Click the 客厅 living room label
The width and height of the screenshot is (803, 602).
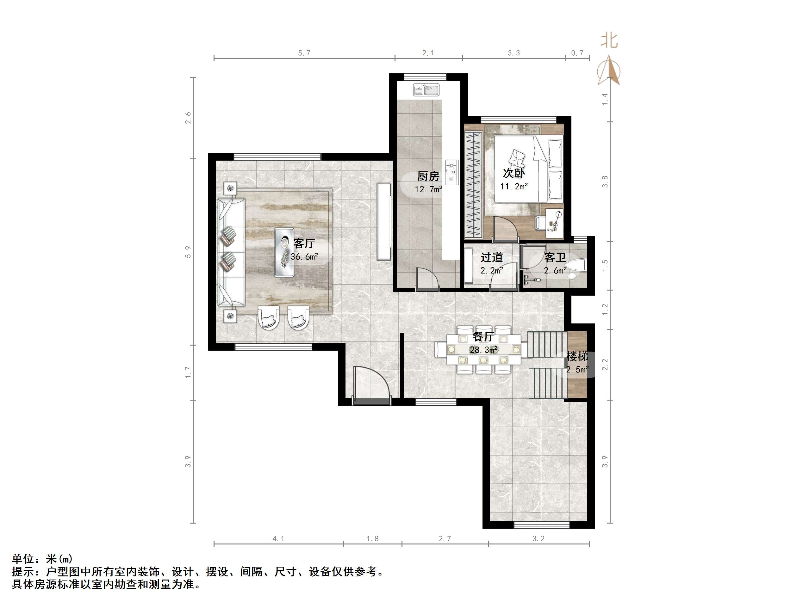tap(304, 243)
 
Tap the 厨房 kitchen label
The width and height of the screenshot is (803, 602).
tap(428, 176)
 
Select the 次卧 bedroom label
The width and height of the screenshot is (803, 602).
tap(514, 174)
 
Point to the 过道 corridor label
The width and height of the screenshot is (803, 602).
tap(492, 258)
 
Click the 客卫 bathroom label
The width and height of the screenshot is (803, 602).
tap(555, 258)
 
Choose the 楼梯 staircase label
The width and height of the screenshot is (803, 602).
tap(577, 356)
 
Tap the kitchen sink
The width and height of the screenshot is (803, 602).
tap(426, 89)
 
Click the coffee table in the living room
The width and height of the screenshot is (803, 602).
tap(284, 252)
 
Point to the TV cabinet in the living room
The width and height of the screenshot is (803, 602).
tap(384, 221)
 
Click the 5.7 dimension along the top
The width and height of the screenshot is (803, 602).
tap(304, 53)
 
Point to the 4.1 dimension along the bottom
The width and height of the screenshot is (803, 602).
tap(278, 539)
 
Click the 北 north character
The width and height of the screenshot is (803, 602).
tap(609, 41)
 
